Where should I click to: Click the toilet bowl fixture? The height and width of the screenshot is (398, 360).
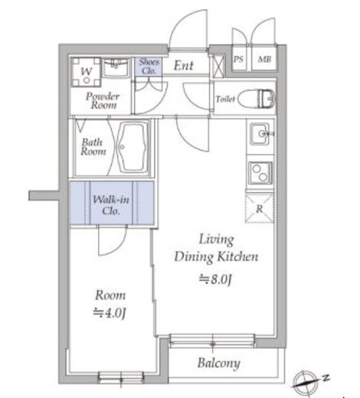point(257,99)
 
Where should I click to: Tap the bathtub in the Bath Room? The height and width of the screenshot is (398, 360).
point(133,148)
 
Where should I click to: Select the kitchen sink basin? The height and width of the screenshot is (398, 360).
point(260,134)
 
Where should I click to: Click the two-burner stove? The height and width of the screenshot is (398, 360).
point(260,173)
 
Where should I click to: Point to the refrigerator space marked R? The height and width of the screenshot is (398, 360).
point(260,208)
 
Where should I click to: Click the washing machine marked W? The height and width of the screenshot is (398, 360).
point(86,72)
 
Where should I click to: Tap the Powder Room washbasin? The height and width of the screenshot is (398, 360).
point(116,67)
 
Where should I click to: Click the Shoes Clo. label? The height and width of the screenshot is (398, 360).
point(149,67)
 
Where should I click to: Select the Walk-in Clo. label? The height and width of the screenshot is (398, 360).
point(111,204)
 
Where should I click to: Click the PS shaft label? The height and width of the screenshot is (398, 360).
point(238,59)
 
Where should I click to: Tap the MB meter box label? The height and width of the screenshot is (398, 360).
point(264,60)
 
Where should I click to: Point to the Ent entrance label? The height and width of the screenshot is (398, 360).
point(183,66)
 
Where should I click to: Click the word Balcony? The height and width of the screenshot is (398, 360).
point(219,363)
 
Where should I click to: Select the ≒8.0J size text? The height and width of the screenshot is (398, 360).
point(215,279)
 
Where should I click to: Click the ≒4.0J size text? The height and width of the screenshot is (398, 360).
point(110,313)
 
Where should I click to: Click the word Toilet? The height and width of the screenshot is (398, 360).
point(225,99)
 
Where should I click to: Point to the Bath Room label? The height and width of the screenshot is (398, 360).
point(93,147)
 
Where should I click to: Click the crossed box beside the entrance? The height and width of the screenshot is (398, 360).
point(218,67)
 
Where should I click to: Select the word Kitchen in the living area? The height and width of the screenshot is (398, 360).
point(238,256)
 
